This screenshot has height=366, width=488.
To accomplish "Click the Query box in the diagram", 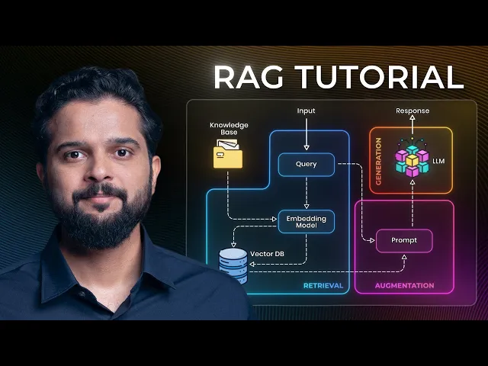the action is point(306,164).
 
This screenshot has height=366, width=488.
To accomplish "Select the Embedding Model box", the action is point(306,223).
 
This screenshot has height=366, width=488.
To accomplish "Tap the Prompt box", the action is point(404,241).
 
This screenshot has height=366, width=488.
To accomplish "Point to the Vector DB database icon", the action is point(233,264).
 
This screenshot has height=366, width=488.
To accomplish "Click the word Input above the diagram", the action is point(306,111).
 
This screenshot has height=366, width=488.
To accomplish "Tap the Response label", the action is point(412,111).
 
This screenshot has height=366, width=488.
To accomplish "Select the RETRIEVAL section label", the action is point(323,286).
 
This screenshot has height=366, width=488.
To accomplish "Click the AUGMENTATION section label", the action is point(404,286).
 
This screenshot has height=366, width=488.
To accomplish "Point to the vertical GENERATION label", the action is point(378,162).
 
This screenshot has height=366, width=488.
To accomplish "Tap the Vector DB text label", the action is point(267,253).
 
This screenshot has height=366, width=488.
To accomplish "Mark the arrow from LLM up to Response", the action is point(412,130).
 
